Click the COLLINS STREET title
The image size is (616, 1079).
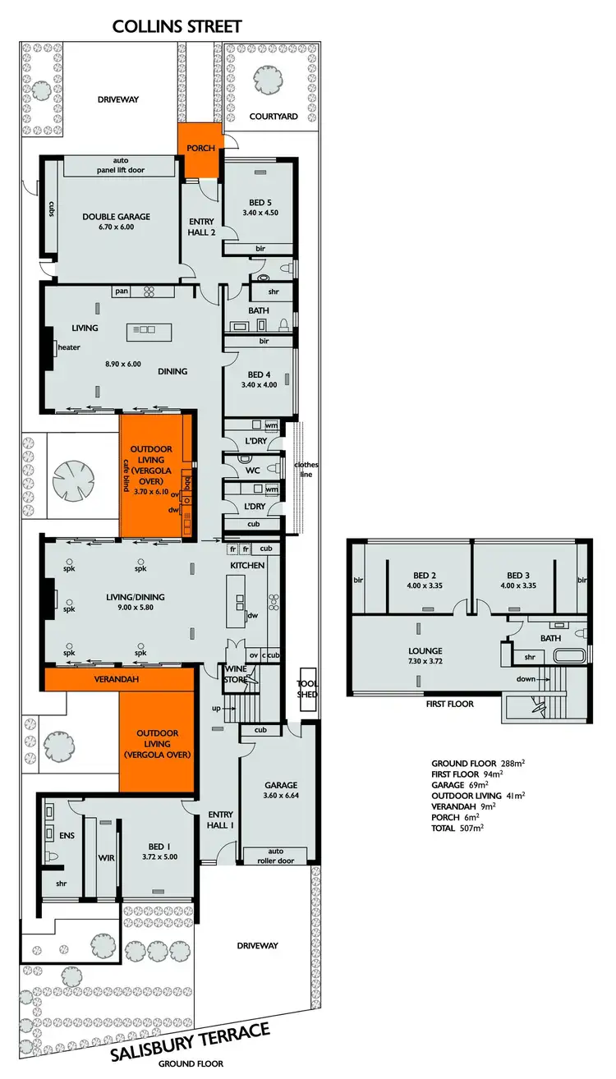point(177,26)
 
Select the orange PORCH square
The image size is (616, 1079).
point(200,150)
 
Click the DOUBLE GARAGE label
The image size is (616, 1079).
point(116,217)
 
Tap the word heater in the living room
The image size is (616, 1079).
point(69,347)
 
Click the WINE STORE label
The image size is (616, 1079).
point(236,674)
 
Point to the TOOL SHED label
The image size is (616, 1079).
point(307,688)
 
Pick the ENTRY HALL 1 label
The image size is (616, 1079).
point(220,819)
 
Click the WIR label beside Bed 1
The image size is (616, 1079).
point(107,857)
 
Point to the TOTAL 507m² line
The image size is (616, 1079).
point(457,829)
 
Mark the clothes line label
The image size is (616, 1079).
point(309,469)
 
